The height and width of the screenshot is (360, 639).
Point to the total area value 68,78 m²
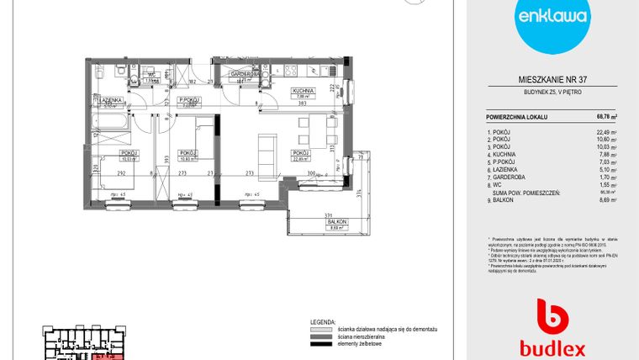pyautogui.click(x=606, y=117)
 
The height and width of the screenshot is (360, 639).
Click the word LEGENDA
pyautogui.click(x=323, y=322)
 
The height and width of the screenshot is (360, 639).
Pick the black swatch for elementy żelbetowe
pyautogui.click(x=323, y=344)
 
